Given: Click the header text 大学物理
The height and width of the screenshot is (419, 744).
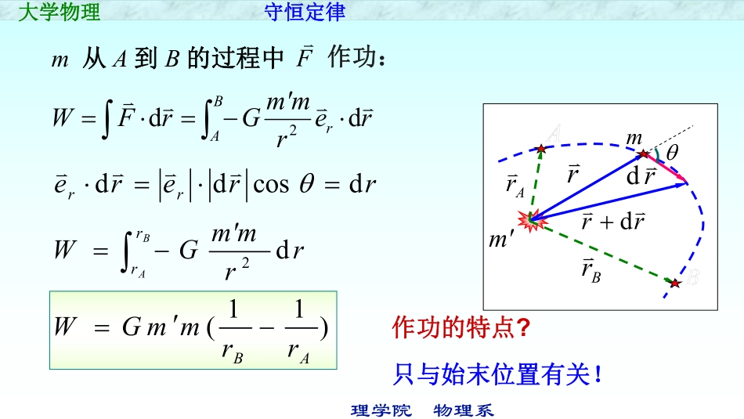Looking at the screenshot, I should pos(58,12).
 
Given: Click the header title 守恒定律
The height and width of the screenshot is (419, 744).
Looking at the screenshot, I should pos(305,12).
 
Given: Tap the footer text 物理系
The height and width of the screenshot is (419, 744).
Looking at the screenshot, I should pos(464,410).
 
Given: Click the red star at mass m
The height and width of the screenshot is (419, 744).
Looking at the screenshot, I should pos(644,154).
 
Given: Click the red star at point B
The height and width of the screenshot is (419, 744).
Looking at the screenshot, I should pos(675,283).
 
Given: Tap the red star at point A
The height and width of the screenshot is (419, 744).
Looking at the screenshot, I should pos(540,147).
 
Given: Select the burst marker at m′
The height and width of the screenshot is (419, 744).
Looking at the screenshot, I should pos(533,220).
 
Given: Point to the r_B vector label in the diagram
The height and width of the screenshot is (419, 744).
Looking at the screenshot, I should pos(591,271).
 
